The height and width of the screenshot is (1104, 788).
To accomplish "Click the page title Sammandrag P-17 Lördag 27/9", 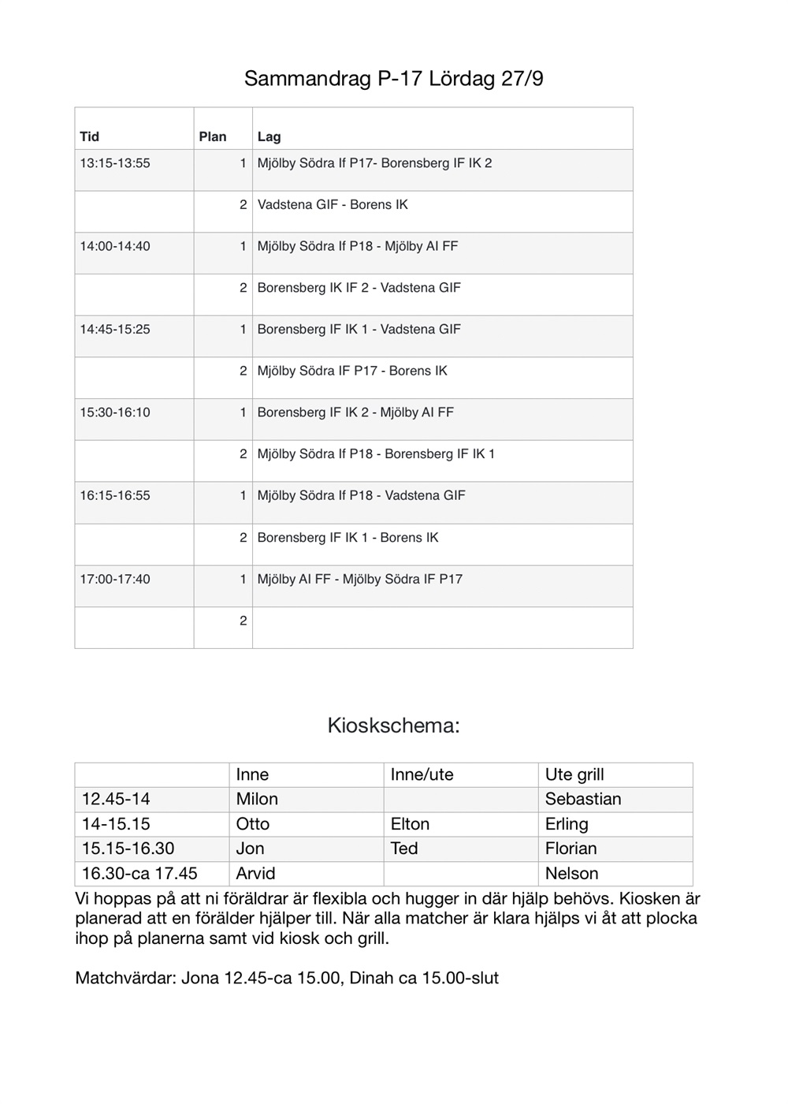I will (x=393, y=79).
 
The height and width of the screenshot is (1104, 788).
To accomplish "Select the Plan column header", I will (x=212, y=136).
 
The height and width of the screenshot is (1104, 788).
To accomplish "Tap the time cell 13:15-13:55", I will (x=115, y=163).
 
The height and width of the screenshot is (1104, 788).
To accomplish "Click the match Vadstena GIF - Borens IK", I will (x=333, y=205).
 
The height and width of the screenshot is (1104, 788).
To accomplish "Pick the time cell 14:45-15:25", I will (x=115, y=330).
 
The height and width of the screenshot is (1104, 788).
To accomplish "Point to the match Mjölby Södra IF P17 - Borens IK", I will (x=352, y=371).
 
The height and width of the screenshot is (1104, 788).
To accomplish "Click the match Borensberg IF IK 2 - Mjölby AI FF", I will (x=355, y=412).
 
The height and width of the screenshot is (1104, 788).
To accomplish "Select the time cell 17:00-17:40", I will (x=115, y=579).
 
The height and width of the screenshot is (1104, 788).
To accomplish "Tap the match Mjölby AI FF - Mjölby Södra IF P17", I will (x=360, y=579).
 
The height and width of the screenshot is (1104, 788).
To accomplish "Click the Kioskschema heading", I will (x=393, y=725).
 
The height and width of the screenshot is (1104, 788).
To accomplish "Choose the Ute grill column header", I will (x=574, y=774).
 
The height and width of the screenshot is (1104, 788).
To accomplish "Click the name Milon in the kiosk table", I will (x=257, y=799).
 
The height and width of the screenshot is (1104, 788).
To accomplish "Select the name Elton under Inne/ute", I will (x=410, y=824).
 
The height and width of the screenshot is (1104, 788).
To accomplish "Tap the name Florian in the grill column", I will (x=571, y=849).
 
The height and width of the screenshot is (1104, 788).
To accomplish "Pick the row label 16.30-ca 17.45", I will (x=139, y=874).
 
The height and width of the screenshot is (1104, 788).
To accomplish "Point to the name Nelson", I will (x=571, y=874).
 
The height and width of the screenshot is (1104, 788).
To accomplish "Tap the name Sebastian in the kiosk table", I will (x=583, y=799).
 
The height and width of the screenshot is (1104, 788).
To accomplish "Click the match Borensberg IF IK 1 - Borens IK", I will (x=348, y=538).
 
